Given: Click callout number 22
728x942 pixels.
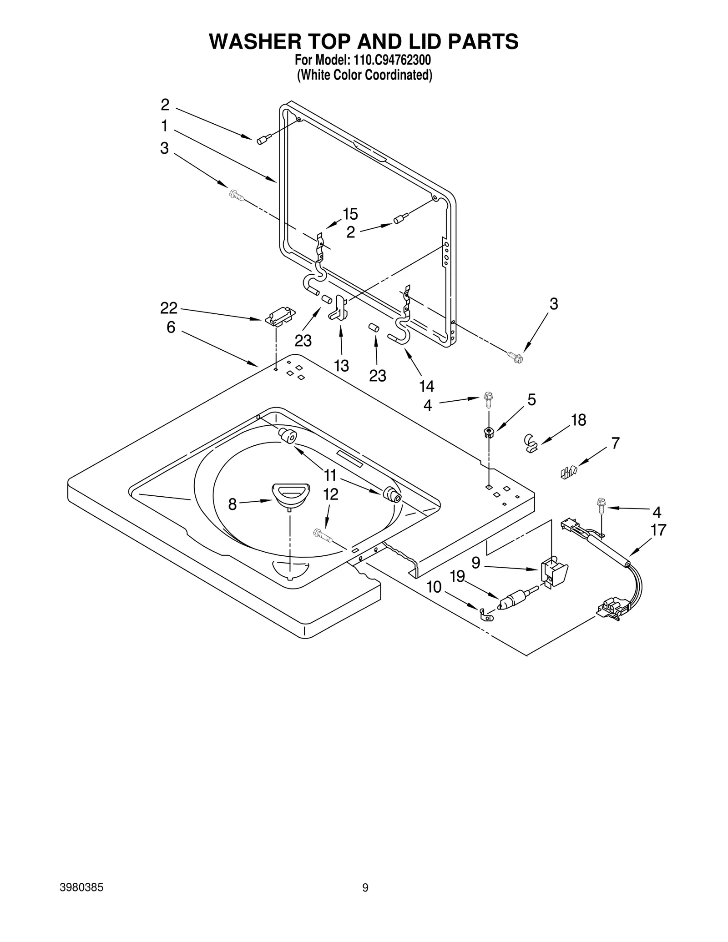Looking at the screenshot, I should [168, 308].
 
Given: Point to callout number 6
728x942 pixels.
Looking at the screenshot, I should [171, 327].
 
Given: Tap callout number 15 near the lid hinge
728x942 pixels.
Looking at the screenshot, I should [350, 214].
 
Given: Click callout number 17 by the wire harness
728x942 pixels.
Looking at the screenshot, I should [658, 530].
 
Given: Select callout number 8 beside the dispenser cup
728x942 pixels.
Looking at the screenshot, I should [233, 504].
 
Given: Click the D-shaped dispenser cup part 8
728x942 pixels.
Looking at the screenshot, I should [291, 493].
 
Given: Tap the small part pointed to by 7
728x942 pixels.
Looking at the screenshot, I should [569, 472].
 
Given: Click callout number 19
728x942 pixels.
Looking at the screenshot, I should [457, 576].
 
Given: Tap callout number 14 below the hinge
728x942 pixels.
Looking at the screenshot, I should [426, 386].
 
